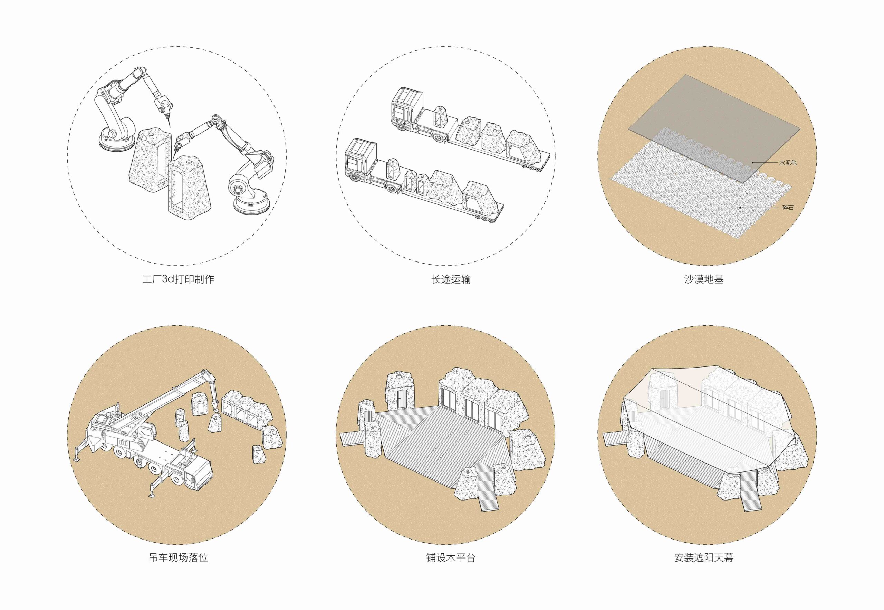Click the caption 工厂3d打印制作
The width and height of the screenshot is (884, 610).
pos(178,279)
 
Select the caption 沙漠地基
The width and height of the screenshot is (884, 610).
pos(704,279)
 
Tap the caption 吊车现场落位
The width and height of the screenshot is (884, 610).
pos(178,557)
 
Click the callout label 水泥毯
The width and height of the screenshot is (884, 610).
pos(788,163)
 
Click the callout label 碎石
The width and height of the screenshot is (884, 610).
pos(788,208)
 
